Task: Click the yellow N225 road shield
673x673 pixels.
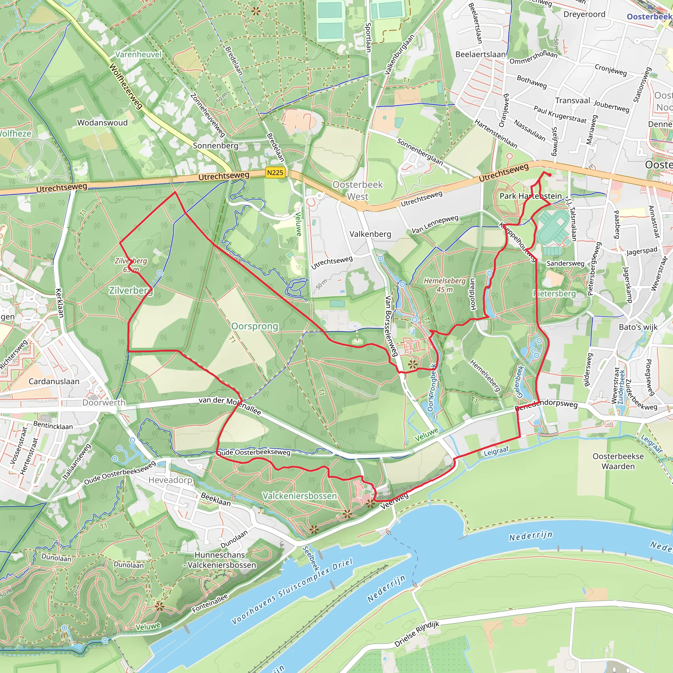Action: coord(275,173)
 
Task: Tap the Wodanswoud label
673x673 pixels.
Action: coord(103,123)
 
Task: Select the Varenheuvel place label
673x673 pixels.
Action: coord(138,54)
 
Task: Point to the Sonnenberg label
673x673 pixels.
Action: coord(216,146)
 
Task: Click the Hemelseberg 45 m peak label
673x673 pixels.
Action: coord(445,285)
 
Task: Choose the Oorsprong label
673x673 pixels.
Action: coord(255,326)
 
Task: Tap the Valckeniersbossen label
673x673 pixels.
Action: coord(300,496)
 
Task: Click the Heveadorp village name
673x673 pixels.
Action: coord(170,480)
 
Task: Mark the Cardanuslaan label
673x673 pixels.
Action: coord(54,382)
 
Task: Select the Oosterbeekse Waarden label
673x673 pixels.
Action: coord(618,461)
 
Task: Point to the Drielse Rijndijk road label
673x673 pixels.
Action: coord(417,634)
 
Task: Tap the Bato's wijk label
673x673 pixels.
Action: coord(638,327)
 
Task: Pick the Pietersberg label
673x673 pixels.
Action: coord(555,294)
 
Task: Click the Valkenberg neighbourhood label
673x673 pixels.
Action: coord(370,234)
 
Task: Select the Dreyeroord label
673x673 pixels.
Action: coord(585,14)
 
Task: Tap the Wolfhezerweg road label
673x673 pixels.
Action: coord(126,86)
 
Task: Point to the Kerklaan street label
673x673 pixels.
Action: coord(59,303)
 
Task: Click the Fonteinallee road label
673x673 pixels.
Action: coord(210,604)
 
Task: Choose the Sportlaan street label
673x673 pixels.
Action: coord(368,37)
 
